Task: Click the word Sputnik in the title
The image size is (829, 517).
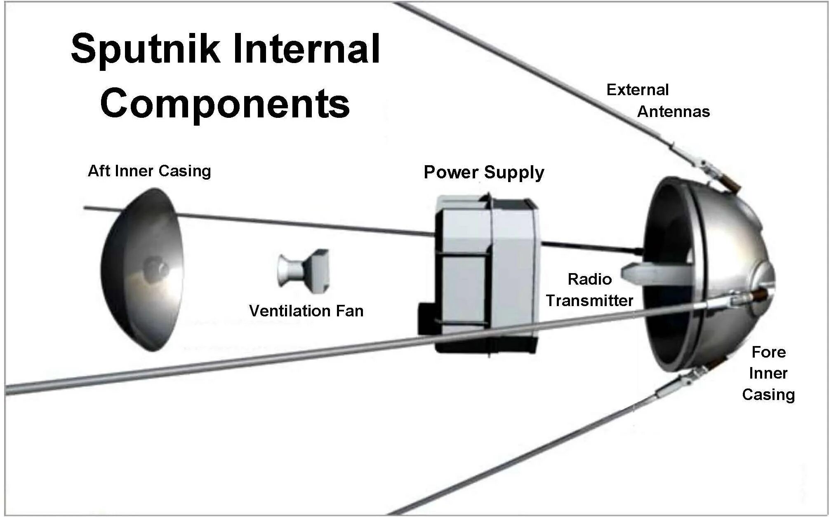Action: (144, 49)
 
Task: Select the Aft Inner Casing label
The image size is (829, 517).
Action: (149, 171)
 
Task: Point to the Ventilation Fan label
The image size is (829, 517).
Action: (306, 311)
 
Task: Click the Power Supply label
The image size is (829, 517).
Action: (484, 172)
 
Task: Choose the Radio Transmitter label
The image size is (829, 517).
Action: (590, 290)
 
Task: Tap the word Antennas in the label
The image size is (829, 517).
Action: (674, 112)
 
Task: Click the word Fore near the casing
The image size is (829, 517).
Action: (768, 352)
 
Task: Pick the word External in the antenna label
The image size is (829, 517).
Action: (637, 90)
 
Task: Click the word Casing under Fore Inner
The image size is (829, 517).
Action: (768, 395)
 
